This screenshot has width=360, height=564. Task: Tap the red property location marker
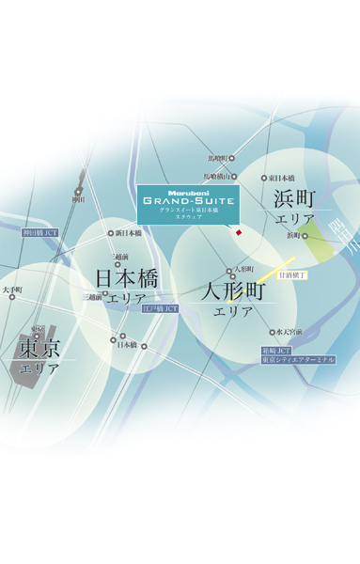pyautogui.click(x=239, y=232)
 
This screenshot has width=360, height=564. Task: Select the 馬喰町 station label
pyautogui.click(x=216, y=158)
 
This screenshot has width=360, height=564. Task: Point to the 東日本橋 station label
pyautogui.click(x=281, y=178)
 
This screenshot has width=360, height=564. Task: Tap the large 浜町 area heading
pyautogui.click(x=294, y=198)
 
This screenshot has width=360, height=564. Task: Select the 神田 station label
pyautogui.click(x=78, y=199)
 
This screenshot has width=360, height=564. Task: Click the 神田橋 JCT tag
pyautogui.click(x=40, y=232)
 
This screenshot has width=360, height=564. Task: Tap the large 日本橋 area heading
pyautogui.click(x=126, y=279)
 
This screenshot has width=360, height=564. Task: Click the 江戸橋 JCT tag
pyautogui.click(x=160, y=308)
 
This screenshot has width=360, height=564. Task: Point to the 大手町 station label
pyautogui.click(x=11, y=290)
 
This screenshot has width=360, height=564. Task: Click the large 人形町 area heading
pyautogui.click(x=234, y=291)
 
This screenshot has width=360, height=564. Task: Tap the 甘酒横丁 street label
pyautogui.click(x=292, y=275)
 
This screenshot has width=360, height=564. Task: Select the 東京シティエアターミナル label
pyautogui.click(x=298, y=359)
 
